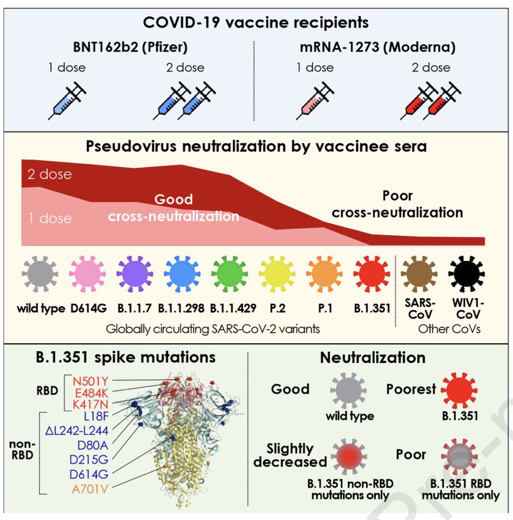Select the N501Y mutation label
87,381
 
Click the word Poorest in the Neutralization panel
411,389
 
